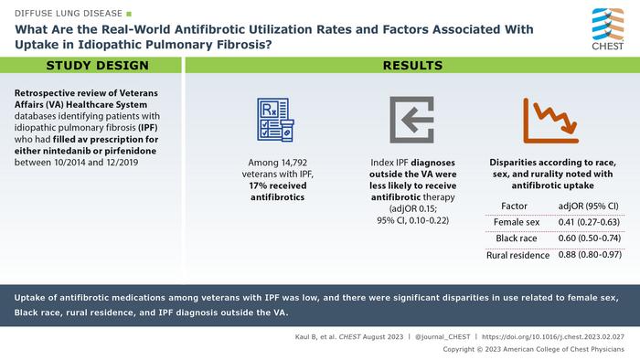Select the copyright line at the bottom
pos(545,350)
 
